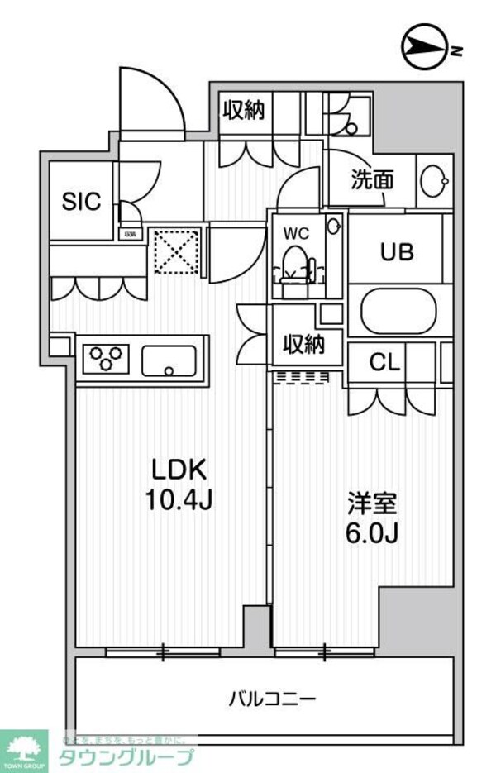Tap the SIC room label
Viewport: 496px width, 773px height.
[x=81, y=200]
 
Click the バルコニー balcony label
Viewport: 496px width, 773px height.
[x=272, y=699]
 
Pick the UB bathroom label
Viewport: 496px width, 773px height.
[x=396, y=253]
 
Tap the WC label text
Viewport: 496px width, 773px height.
[x=296, y=234]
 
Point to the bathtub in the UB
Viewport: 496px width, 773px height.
[x=398, y=312]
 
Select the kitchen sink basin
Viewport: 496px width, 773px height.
[x=169, y=360]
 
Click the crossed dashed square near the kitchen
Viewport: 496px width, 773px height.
[x=175, y=251]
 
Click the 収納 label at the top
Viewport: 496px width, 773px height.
[x=243, y=110]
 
